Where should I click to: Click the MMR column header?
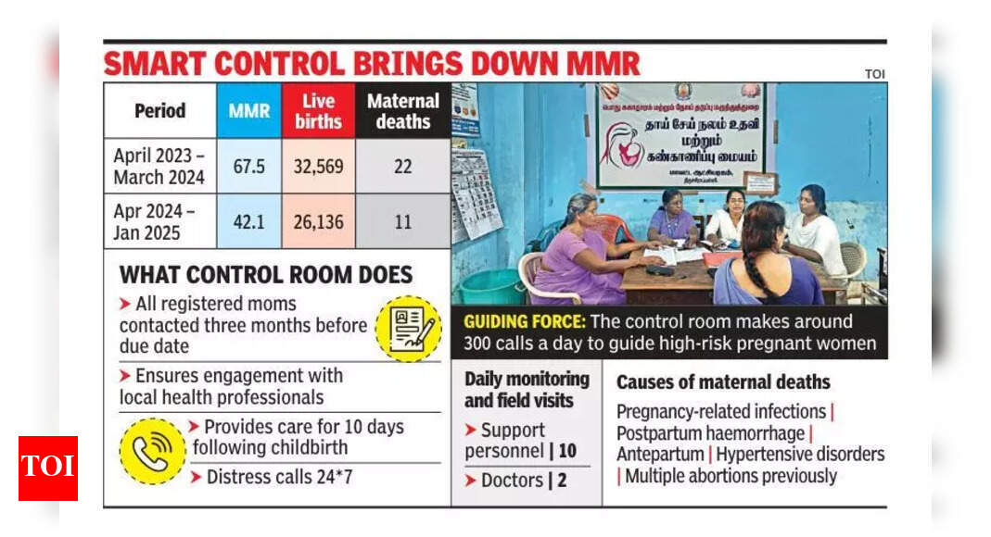click(x=248, y=110)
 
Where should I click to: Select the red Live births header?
click(x=318, y=110)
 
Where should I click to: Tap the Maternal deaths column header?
click(x=403, y=110)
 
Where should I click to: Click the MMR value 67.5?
click(x=248, y=165)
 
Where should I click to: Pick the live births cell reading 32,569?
click(x=318, y=165)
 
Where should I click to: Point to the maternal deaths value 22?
click(x=403, y=165)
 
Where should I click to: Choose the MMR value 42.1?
click(x=248, y=220)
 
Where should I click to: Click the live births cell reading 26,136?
click(x=318, y=220)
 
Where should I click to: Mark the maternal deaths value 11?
click(x=403, y=220)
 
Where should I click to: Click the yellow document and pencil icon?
click(x=408, y=328)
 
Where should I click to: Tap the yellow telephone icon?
click(x=152, y=451)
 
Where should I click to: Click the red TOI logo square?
click(x=47, y=468)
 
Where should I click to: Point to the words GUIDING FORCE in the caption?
click(x=522, y=321)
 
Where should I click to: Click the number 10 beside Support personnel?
click(x=567, y=451)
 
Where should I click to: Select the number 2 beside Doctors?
click(x=562, y=481)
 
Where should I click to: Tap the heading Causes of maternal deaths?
click(x=723, y=381)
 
